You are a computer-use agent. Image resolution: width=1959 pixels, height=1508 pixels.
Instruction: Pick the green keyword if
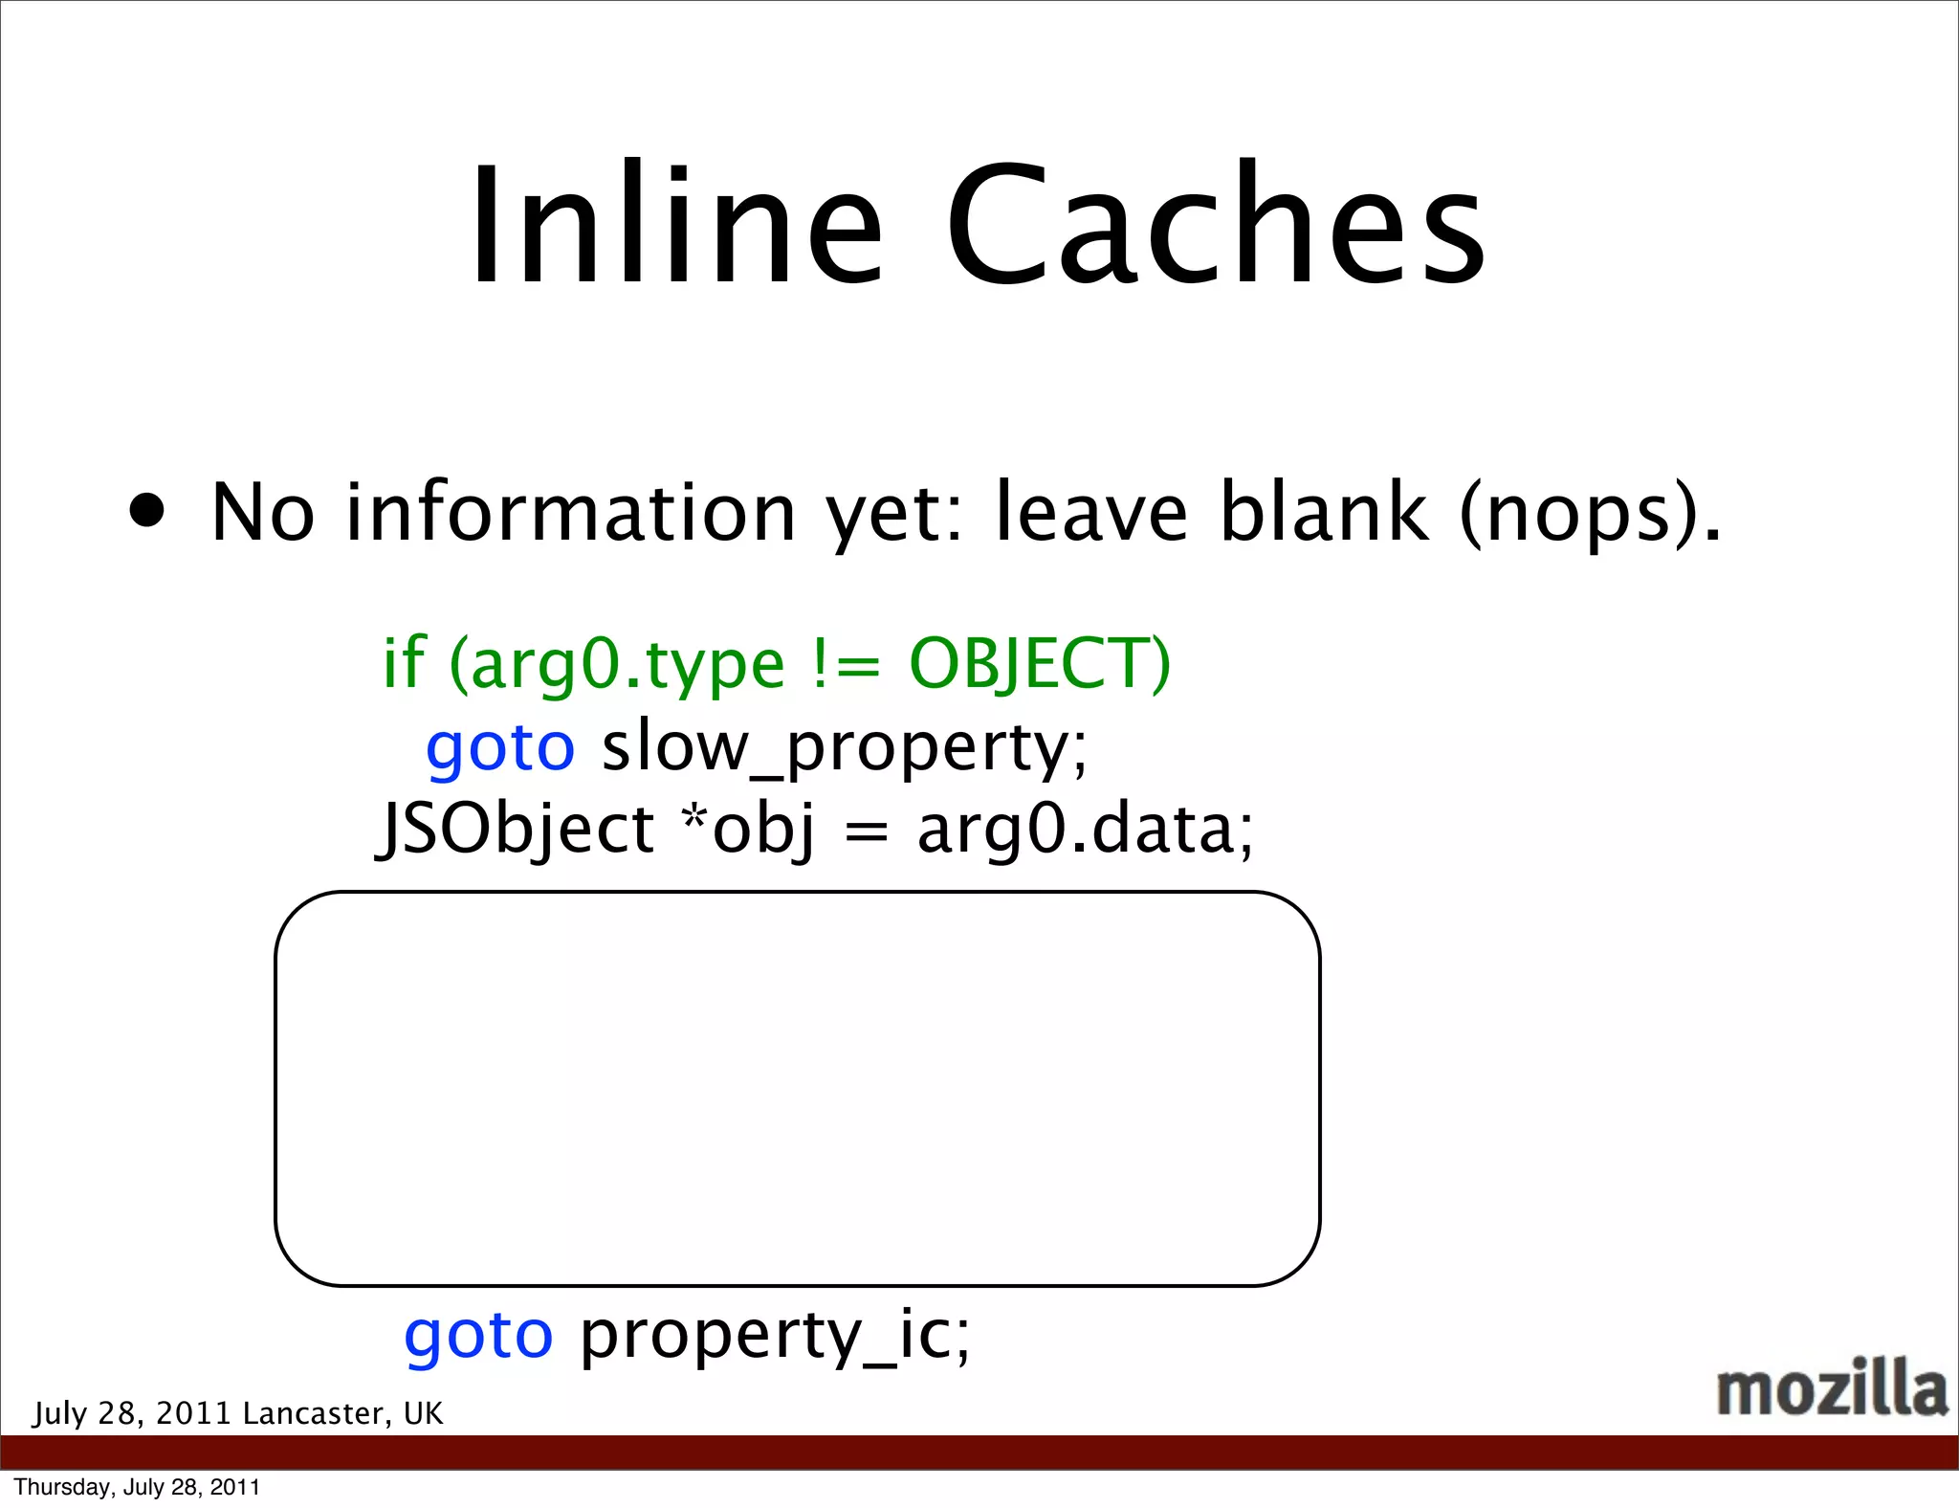click(403, 662)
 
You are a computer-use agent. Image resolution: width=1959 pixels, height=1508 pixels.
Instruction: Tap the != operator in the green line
click(845, 664)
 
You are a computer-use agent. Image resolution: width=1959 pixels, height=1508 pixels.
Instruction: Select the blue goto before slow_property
click(499, 747)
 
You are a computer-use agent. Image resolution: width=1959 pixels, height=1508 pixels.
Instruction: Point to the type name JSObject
click(515, 829)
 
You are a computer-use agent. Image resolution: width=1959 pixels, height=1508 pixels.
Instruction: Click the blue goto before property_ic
click(477, 1335)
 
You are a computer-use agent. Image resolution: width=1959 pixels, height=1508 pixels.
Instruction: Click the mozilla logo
click(1831, 1388)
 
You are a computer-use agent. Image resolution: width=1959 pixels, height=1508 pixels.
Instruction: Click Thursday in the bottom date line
click(64, 1487)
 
